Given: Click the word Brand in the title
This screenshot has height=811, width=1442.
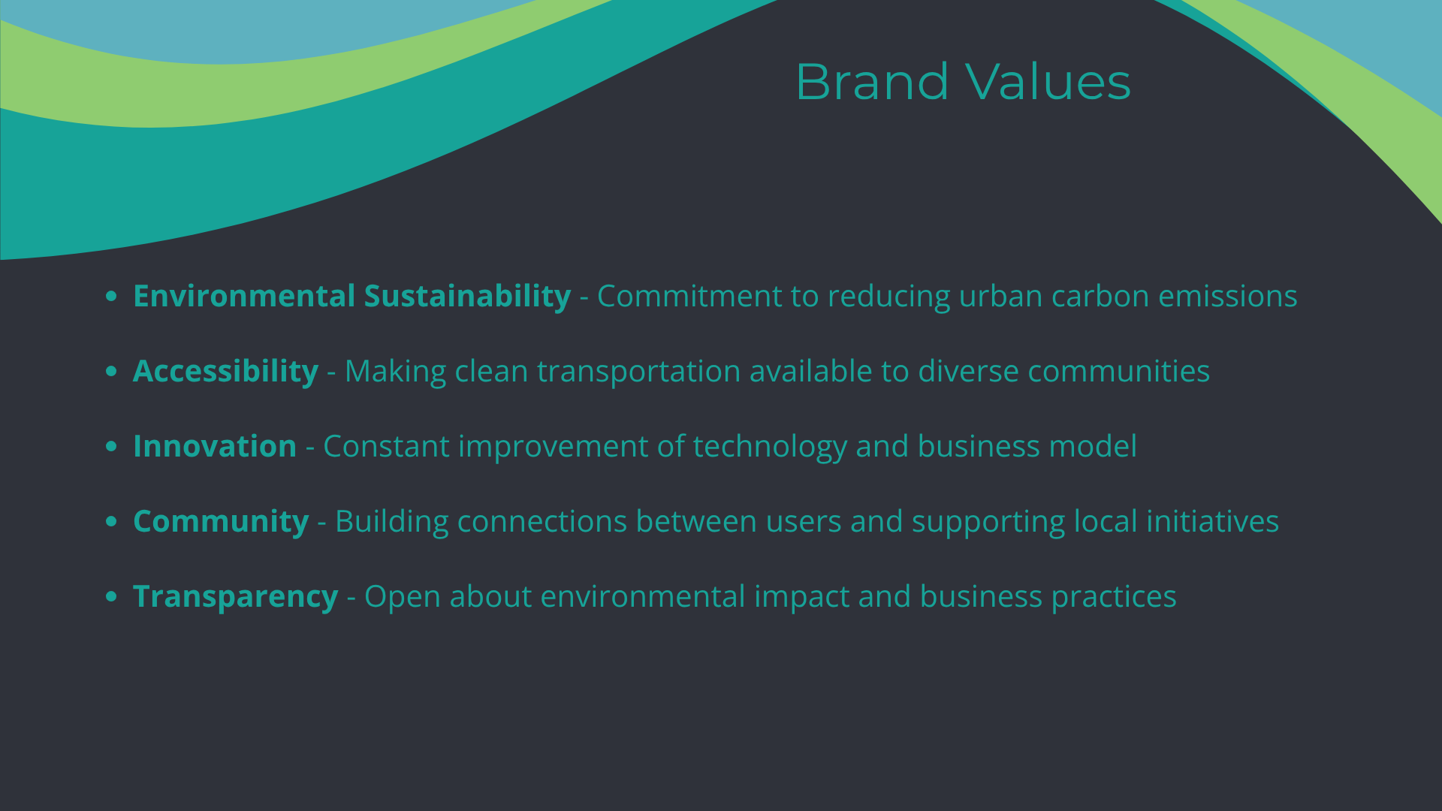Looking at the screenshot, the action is click(x=873, y=81).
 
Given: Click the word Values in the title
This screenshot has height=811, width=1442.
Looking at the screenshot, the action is click(x=1048, y=81).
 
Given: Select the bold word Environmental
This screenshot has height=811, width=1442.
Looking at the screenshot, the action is click(x=244, y=296).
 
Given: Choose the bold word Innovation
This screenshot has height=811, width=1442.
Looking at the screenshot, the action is click(x=215, y=446).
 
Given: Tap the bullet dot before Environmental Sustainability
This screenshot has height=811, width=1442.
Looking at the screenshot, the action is click(x=112, y=296).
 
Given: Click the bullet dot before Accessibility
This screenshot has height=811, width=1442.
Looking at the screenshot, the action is click(x=112, y=371).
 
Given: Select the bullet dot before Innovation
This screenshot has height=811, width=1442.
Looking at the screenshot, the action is click(x=112, y=446).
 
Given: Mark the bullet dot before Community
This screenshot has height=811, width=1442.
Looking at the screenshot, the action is click(x=112, y=521).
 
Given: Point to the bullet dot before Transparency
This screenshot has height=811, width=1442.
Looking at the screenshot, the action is click(x=112, y=596).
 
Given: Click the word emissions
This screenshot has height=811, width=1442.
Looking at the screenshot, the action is click(x=1228, y=296).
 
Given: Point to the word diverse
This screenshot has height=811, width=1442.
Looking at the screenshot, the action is click(x=968, y=371).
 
